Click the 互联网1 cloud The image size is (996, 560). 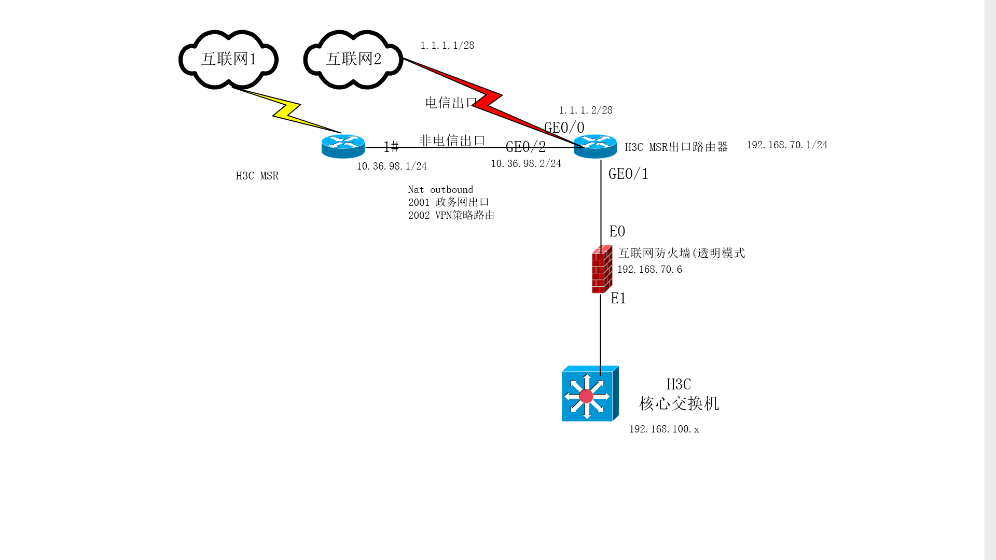[x=228, y=59]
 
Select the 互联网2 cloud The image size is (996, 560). [x=353, y=59]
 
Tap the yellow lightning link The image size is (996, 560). [x=287, y=110]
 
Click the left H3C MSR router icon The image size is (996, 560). [x=343, y=146]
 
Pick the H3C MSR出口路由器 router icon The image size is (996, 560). [x=595, y=146]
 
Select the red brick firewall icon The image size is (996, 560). [x=602, y=270]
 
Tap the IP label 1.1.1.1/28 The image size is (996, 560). [x=447, y=46]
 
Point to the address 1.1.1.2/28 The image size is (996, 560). [x=585, y=110]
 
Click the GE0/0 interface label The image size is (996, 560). [x=564, y=128]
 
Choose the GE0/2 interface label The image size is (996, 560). [x=525, y=147]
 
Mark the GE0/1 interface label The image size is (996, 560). [x=628, y=174]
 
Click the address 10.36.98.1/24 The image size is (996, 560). [x=392, y=166]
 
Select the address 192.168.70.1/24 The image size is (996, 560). [x=787, y=145]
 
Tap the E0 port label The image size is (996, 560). [x=617, y=232]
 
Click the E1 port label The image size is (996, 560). [x=618, y=299]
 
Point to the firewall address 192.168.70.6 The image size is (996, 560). [x=649, y=270]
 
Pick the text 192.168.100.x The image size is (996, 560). [x=664, y=429]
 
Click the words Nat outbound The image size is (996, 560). [x=440, y=190]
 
